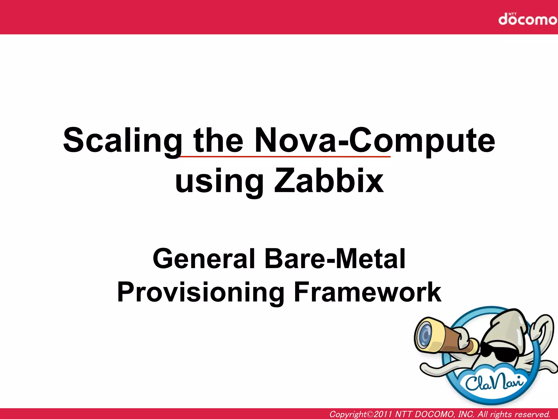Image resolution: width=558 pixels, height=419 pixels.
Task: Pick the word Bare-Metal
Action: [335, 259]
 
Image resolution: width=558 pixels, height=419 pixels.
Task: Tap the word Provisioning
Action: [201, 292]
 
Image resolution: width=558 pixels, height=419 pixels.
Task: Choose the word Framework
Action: [368, 292]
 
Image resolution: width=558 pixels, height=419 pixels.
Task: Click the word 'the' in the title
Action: [218, 141]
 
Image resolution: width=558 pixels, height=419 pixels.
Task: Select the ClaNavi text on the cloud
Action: [495, 382]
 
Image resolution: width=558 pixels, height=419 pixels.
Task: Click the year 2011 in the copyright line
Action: [383, 414]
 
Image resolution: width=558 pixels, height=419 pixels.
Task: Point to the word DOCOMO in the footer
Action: [434, 414]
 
